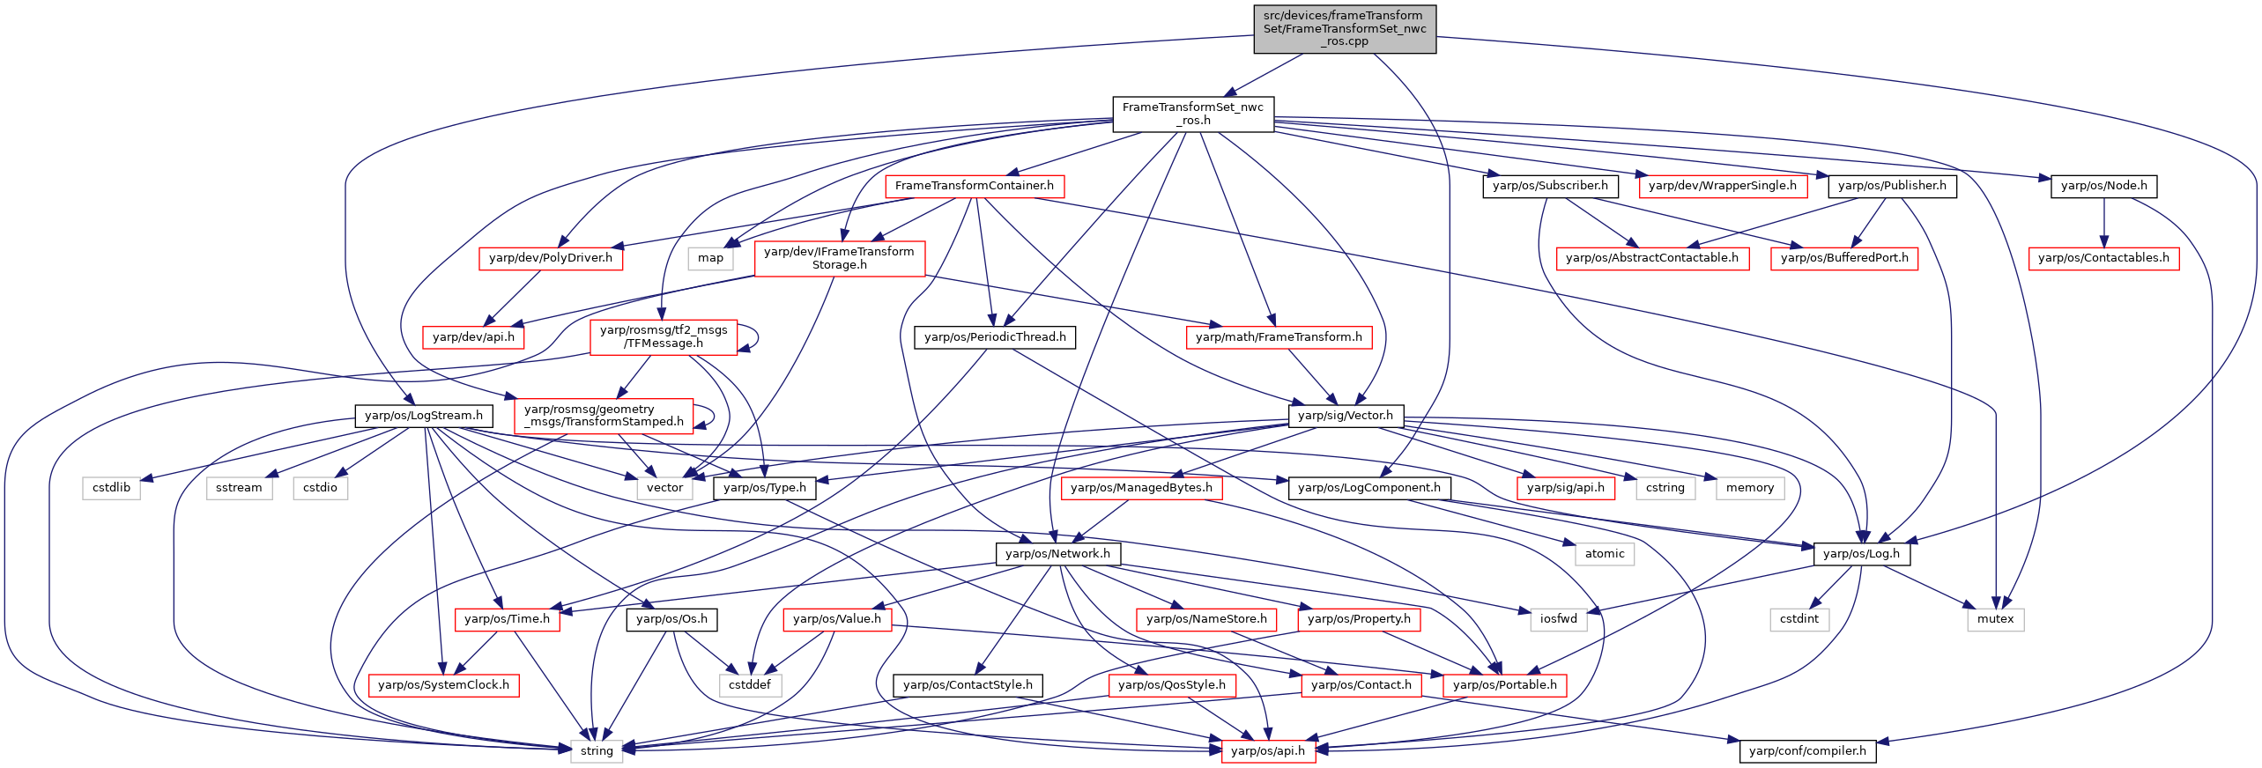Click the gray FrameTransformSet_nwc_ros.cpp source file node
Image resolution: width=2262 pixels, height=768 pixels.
1345,29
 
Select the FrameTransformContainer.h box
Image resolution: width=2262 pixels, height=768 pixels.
975,186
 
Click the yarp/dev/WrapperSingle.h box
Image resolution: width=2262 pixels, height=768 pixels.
1723,186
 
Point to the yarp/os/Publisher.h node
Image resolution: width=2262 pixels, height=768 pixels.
1893,186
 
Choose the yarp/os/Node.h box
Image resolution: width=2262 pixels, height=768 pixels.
2104,186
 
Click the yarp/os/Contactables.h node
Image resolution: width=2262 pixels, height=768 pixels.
2104,258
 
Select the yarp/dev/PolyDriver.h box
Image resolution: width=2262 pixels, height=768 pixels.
551,258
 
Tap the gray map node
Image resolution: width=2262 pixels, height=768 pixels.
710,258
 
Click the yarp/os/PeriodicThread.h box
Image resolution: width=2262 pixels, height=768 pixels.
995,337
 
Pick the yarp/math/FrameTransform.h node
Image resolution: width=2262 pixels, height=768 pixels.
1279,337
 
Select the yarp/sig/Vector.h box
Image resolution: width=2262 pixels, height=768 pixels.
1346,416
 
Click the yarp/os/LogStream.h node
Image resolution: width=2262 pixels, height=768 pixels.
424,416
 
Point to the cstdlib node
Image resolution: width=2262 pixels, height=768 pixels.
112,488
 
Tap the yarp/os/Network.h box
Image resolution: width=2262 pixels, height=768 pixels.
1058,554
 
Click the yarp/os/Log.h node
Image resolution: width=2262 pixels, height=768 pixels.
1862,554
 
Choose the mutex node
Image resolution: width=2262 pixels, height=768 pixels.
1995,619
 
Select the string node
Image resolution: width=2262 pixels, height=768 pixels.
597,751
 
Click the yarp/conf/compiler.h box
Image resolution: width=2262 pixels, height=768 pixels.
1808,751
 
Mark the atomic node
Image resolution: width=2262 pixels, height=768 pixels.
1605,554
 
